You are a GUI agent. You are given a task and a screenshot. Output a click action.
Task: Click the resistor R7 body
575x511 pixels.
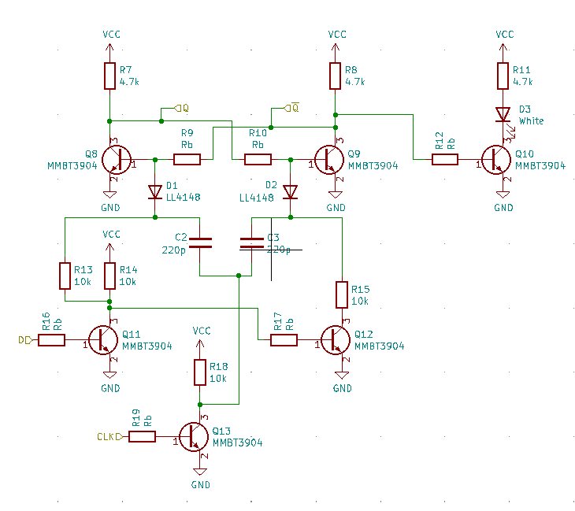[x=109, y=76]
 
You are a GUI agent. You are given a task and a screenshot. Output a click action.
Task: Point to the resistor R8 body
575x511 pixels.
[x=336, y=76]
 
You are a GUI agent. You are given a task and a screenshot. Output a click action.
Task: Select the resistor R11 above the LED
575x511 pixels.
[x=503, y=76]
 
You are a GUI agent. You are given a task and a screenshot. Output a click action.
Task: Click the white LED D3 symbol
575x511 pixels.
[x=503, y=115]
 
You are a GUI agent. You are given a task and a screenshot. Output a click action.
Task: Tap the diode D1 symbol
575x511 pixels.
[x=155, y=191]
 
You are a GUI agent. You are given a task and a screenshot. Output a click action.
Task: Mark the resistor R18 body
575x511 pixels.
[x=201, y=372]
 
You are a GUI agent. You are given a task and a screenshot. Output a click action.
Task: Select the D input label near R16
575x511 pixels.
[x=23, y=340]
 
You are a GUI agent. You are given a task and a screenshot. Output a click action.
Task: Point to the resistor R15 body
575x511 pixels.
[x=342, y=294]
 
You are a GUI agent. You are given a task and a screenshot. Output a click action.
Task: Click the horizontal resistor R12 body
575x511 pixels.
[x=444, y=160]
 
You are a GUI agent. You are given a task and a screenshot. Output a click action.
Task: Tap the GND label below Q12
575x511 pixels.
[x=343, y=388]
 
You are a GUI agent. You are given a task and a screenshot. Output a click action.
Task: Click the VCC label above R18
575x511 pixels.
[x=201, y=331]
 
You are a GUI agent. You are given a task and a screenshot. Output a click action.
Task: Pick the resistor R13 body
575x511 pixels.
[x=65, y=276]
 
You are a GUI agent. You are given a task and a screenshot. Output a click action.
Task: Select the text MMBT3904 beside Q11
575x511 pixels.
[x=147, y=346]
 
